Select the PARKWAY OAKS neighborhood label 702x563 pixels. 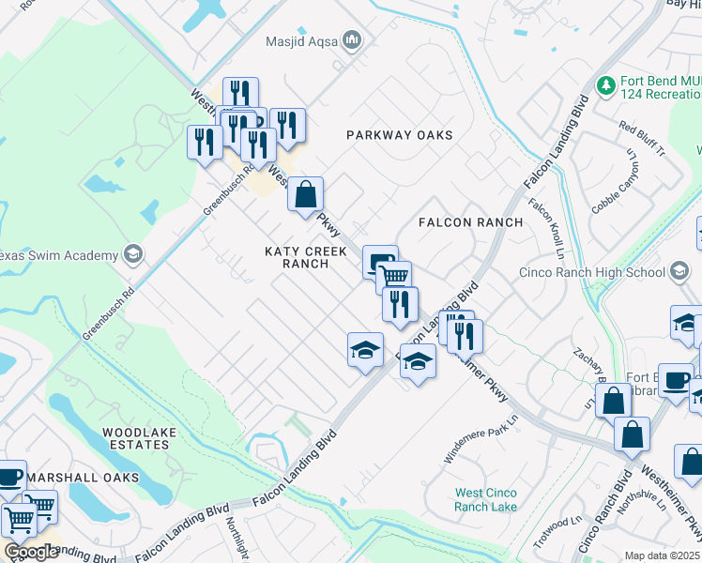[x=400, y=135]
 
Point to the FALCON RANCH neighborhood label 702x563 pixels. [x=470, y=222]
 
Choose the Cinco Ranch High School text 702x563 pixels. [x=592, y=273]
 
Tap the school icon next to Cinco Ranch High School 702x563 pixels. [x=679, y=273]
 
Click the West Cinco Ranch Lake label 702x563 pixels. [x=485, y=499]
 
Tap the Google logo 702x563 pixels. [x=31, y=552]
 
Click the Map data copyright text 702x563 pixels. [x=663, y=555]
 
